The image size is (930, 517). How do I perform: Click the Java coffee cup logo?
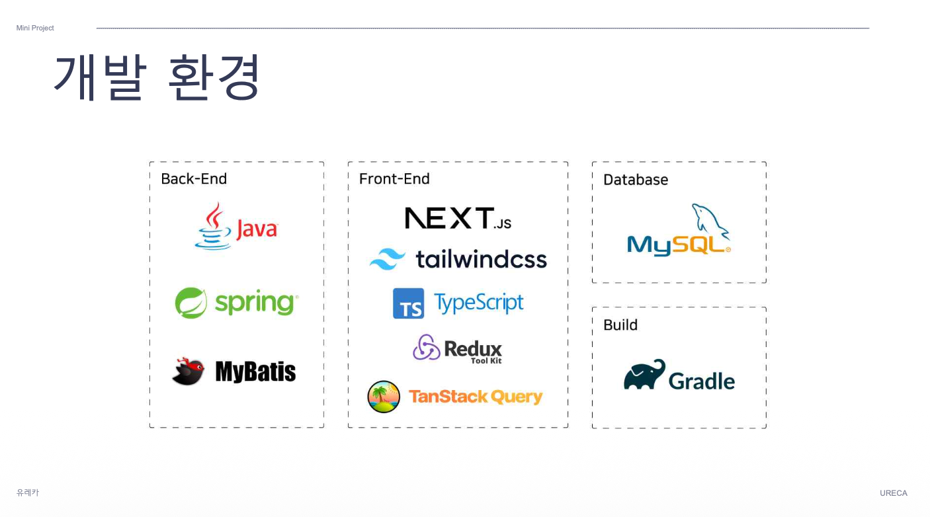tap(213, 227)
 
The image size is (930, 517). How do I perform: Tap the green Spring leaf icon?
tap(190, 303)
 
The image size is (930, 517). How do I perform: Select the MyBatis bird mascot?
tap(188, 372)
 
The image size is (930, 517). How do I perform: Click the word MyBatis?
tap(255, 372)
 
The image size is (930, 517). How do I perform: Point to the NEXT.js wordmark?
tap(458, 218)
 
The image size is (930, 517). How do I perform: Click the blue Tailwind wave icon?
tap(388, 259)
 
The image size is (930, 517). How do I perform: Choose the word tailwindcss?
tap(481, 259)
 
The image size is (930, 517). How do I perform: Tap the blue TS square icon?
tap(408, 303)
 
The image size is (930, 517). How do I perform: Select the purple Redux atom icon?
tap(427, 347)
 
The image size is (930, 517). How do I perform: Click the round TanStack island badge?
tap(384, 397)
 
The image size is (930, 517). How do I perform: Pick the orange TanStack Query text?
tap(475, 397)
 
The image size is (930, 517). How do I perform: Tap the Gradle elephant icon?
tap(644, 375)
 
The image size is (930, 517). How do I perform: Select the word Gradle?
tap(701, 381)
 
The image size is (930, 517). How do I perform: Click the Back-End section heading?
tap(194, 179)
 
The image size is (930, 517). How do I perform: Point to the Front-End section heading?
tap(394, 179)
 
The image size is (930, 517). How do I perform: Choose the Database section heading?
tap(636, 180)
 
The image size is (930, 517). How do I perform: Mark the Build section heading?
tap(620, 325)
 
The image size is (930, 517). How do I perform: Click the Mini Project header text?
tap(35, 28)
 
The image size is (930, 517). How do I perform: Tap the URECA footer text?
tap(893, 493)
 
